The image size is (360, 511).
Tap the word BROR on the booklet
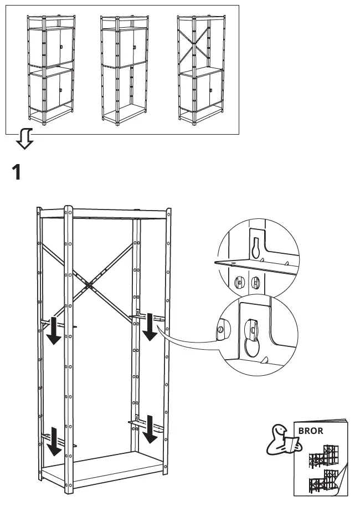[x=311, y=430]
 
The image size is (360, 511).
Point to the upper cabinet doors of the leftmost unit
[x=51, y=48]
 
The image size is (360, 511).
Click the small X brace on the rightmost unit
[x=194, y=41]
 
